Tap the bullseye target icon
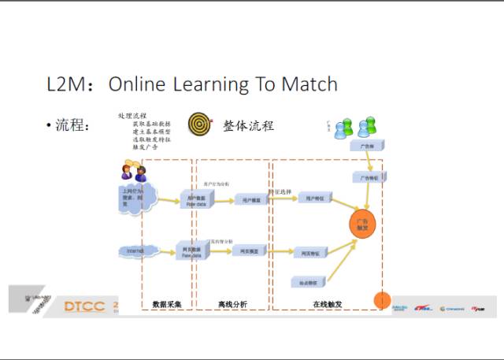tap(199, 124)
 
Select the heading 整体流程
tap(248, 125)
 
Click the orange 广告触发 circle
tap(363, 224)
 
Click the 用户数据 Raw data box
tap(195, 200)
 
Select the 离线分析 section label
tap(232, 304)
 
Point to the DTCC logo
tap(84, 306)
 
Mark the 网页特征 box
tap(311, 254)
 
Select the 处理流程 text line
tap(132, 116)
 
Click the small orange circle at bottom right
tap(381, 300)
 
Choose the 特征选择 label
tap(280, 191)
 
